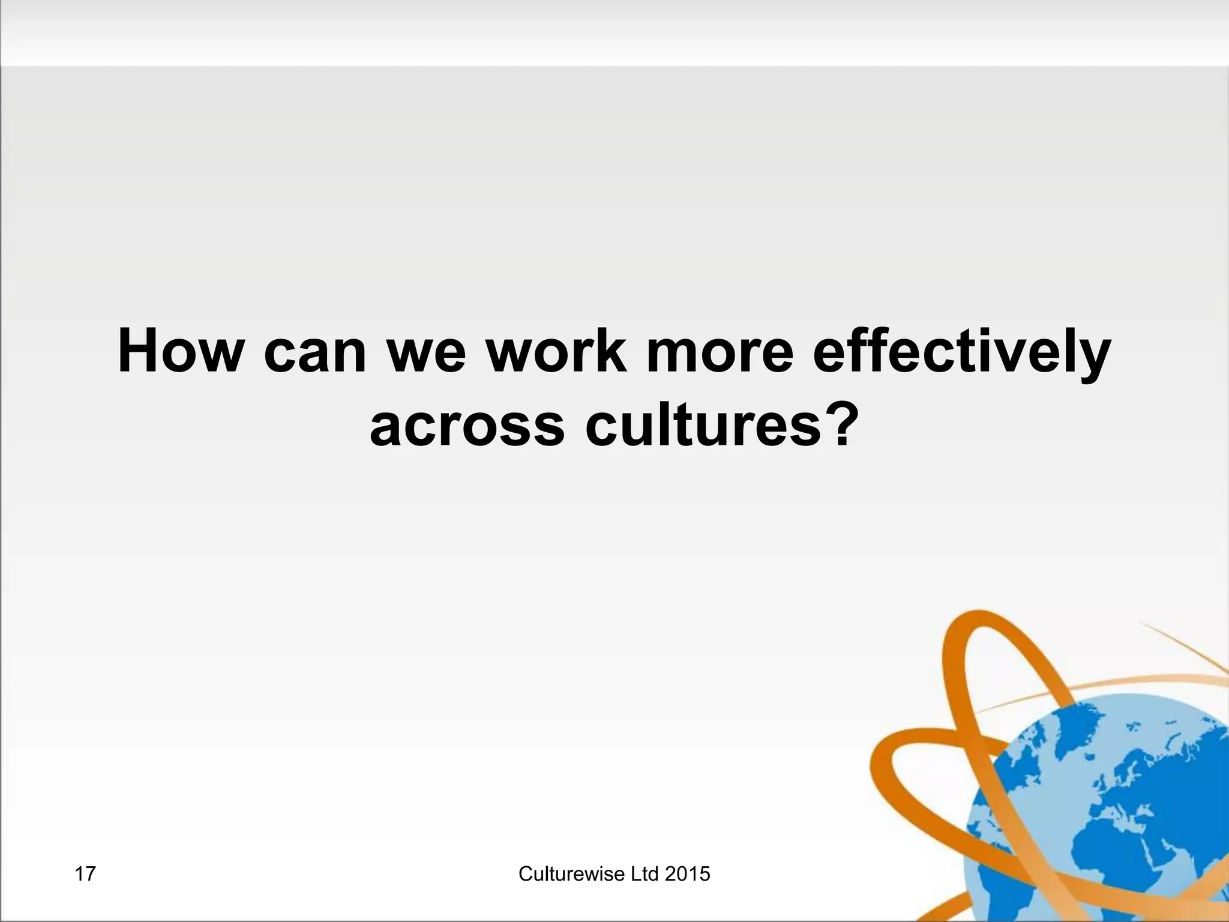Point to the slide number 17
pos(85,874)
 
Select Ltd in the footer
pos(645,874)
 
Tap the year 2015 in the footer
pos(688,874)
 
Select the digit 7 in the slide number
pos(90,874)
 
